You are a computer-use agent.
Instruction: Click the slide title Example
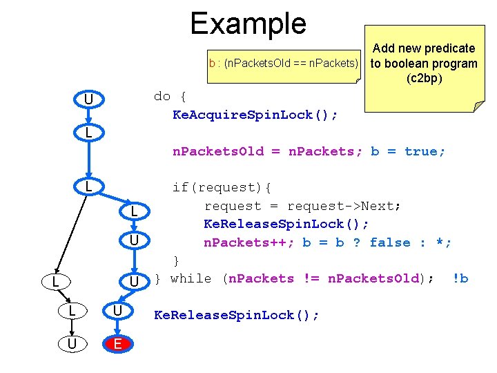point(248,23)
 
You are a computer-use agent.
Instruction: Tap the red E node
point(118,343)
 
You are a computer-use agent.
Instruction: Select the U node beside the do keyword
point(88,100)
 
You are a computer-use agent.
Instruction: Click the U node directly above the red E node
point(118,311)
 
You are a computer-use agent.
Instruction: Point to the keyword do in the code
point(162,96)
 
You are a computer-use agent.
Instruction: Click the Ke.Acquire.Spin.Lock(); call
point(255,115)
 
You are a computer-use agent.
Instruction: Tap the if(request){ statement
point(222,187)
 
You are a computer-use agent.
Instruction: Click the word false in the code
point(391,242)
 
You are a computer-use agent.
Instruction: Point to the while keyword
point(191,278)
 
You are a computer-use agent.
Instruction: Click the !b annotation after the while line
point(460,278)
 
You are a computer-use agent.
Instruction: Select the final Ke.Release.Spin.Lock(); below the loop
point(237,316)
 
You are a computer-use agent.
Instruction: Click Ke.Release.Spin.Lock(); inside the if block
point(286,224)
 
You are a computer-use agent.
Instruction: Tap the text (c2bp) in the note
point(424,78)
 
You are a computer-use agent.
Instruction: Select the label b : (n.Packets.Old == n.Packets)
point(284,64)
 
